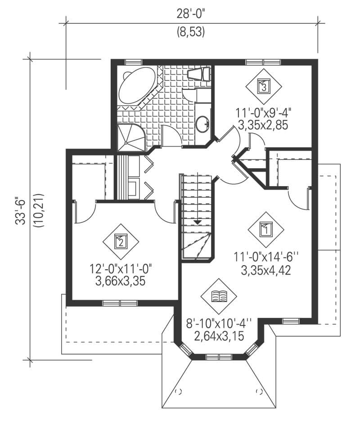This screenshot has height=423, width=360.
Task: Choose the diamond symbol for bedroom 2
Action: pyautogui.click(x=120, y=242)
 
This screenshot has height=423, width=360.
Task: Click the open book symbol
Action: pyautogui.click(x=219, y=296)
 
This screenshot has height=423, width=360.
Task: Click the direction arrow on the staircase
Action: pyautogui.click(x=197, y=222)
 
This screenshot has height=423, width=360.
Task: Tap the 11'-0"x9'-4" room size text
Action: pyautogui.click(x=264, y=112)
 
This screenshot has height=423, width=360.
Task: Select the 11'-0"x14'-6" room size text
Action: pyautogui.click(x=266, y=258)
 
